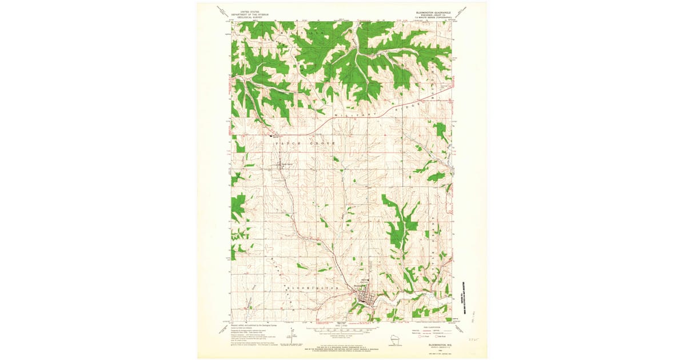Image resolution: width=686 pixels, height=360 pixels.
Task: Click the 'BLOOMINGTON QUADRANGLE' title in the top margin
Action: [432, 11]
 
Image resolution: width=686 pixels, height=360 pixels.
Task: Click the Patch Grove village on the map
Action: [279, 166]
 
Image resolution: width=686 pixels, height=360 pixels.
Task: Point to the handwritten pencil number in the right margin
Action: [473, 338]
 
